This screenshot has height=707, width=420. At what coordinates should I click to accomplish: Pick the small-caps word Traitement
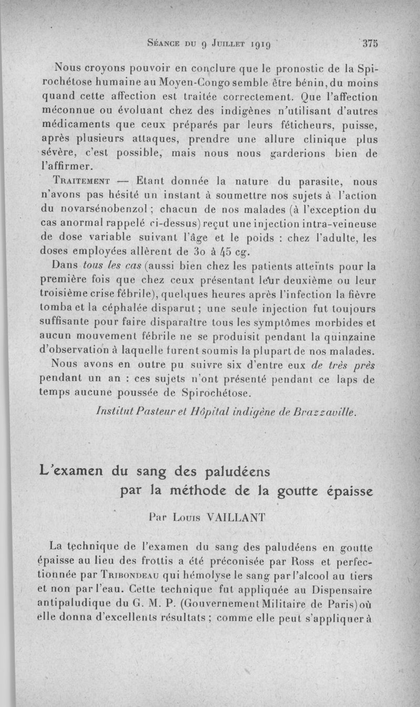(81, 182)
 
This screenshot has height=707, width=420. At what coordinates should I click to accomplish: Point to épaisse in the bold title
(343, 491)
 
